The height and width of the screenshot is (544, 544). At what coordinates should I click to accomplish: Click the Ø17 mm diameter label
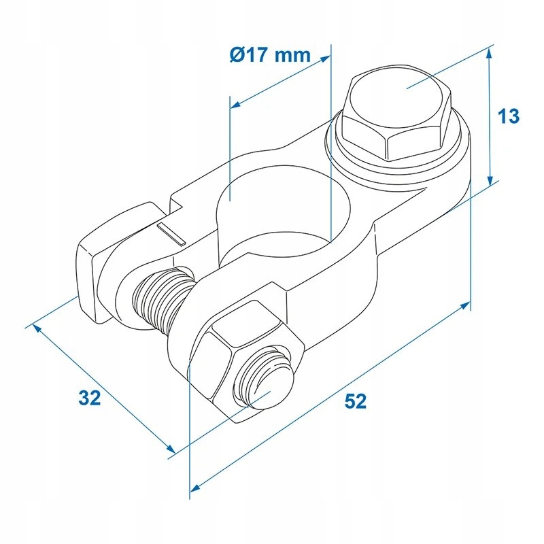269,54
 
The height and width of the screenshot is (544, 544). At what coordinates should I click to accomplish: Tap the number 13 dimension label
509,116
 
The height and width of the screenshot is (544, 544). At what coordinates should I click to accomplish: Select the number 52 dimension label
355,401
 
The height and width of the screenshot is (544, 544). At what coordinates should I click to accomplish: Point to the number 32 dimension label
89,398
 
